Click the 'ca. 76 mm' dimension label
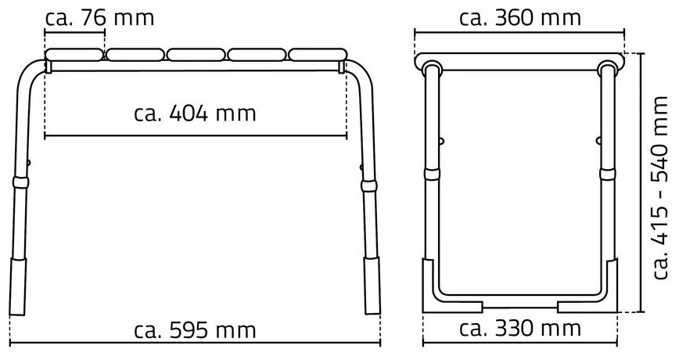[99, 18]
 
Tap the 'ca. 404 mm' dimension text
[195, 113]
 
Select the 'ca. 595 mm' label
[195, 330]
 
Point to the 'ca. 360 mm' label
[519, 18]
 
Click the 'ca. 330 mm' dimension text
[519, 329]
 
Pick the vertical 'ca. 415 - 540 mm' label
[661, 188]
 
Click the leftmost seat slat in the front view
[74, 55]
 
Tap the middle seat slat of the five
[196, 55]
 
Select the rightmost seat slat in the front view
[318, 55]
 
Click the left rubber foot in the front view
[18, 286]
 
